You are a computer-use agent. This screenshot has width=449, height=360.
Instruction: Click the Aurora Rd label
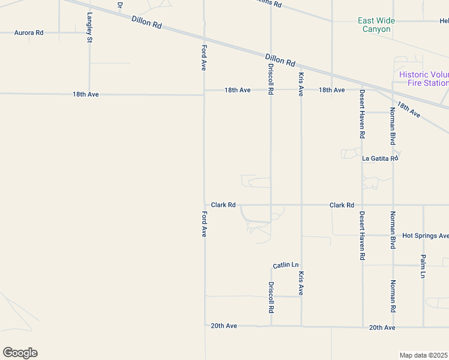[x=29, y=32]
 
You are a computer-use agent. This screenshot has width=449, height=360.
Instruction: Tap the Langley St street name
[x=90, y=28]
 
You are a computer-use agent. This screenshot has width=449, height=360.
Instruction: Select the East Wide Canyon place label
[x=376, y=25]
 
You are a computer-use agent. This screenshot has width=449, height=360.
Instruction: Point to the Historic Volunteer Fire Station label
[x=424, y=79]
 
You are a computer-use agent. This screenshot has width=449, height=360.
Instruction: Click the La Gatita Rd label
[x=380, y=158]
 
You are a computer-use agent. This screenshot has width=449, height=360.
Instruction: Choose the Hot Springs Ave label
[x=425, y=236]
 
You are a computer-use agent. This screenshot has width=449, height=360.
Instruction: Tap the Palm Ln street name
[x=423, y=266]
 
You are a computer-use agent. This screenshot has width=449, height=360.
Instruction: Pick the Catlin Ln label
[x=285, y=265]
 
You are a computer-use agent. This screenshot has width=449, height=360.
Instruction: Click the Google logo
[x=20, y=353]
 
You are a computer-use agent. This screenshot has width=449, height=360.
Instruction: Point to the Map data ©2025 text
[x=424, y=355]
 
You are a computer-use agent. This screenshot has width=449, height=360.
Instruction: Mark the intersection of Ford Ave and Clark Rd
[x=205, y=205]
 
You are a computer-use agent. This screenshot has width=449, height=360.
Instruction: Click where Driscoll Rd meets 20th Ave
[x=271, y=326]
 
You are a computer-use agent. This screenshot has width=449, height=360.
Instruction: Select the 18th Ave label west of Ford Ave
[x=85, y=94]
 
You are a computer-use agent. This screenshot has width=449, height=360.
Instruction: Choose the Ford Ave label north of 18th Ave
[x=204, y=58]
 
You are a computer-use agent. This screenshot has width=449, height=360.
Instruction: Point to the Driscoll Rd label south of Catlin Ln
[x=271, y=298]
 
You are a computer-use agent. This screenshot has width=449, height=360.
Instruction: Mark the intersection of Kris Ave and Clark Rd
[x=301, y=205]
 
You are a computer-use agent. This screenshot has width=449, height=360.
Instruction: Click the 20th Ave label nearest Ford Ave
[x=224, y=326]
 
